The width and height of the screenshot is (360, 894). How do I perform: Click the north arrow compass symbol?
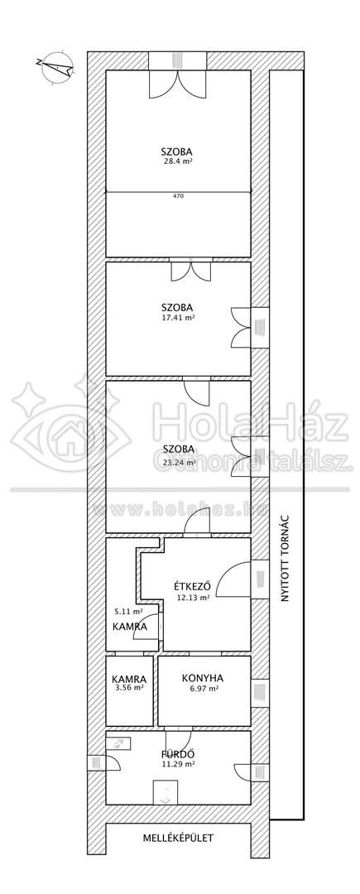(x=56, y=68)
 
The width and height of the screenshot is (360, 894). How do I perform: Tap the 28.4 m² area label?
(x=176, y=161)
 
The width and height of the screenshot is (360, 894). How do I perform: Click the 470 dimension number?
(x=178, y=196)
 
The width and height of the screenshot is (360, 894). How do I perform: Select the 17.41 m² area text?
(x=178, y=320)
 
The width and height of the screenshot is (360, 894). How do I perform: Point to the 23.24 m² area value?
(x=178, y=463)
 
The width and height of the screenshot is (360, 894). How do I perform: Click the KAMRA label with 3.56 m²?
(x=129, y=679)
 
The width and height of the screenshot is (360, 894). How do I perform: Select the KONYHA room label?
(x=203, y=678)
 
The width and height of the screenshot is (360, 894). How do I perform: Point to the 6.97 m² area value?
(x=203, y=689)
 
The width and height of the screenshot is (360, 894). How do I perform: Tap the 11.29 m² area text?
(x=178, y=765)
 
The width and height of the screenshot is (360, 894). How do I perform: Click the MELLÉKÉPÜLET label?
(x=178, y=838)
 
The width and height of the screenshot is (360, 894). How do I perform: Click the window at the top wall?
(x=177, y=60)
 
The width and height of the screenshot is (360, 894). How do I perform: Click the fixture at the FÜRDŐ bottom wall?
(x=167, y=793)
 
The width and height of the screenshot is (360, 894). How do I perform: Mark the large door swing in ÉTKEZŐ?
(x=234, y=578)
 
